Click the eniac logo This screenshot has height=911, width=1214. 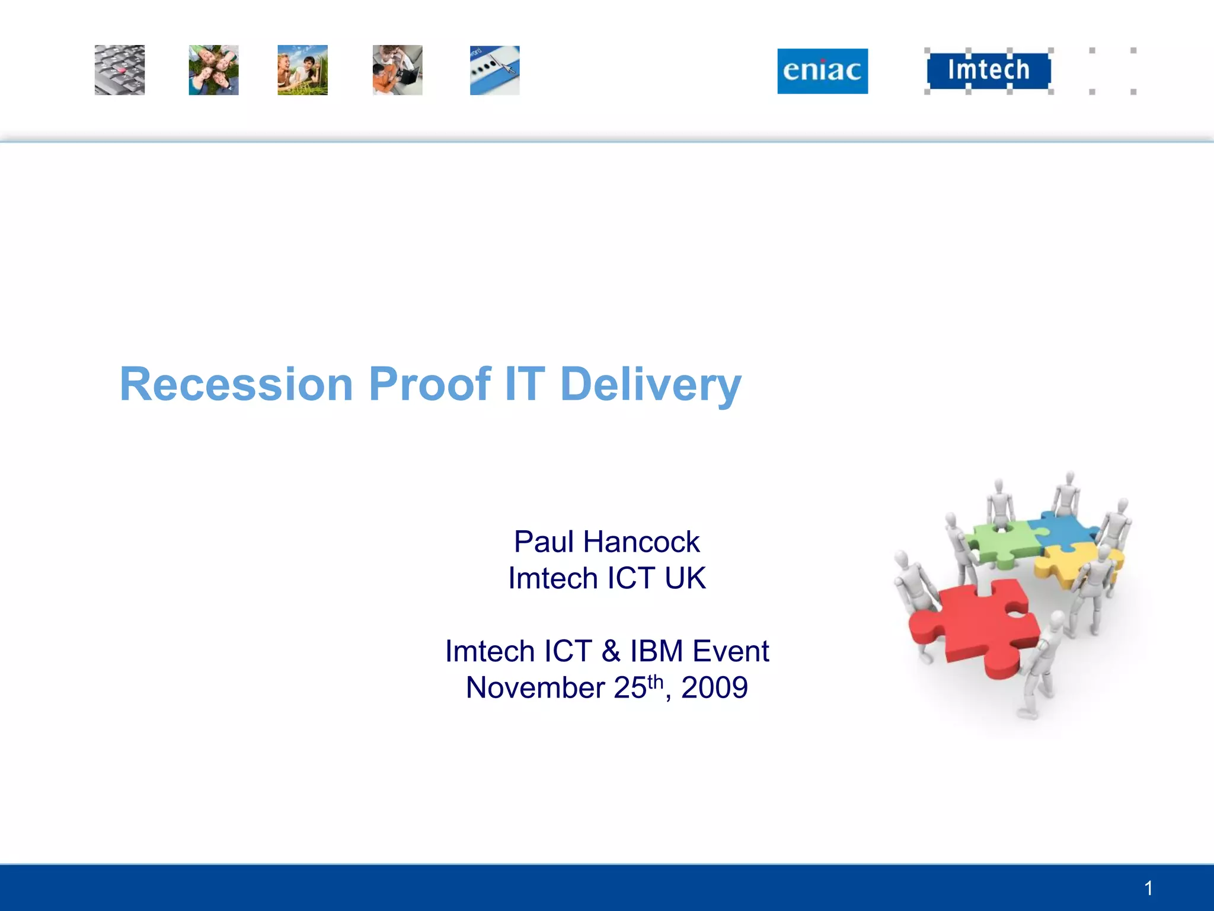tap(822, 71)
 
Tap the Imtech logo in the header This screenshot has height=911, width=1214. tap(988, 70)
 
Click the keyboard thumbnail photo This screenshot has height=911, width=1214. tap(119, 70)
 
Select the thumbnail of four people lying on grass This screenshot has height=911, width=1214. tap(213, 70)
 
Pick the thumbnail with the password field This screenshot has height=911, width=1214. tap(494, 71)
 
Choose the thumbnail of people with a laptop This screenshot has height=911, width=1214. tap(397, 70)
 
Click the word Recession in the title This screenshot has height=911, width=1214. tap(237, 384)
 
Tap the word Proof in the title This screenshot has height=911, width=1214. tap(430, 384)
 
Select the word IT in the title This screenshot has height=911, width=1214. tap(525, 384)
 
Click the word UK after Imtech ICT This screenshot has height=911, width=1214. tap(685, 578)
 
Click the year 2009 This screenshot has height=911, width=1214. tap(714, 688)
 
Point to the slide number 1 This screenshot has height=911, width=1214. tap(1148, 888)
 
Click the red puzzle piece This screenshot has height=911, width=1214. tap(978, 629)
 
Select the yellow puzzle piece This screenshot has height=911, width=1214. tap(1067, 563)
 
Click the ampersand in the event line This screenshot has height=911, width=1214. tap(611, 651)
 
